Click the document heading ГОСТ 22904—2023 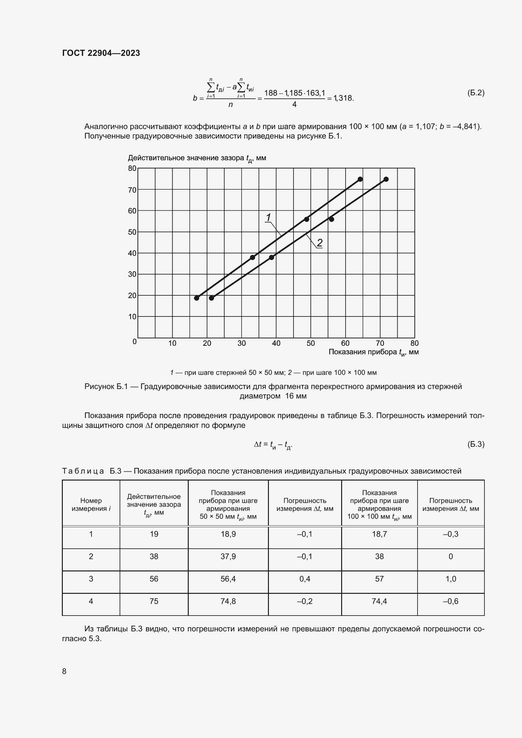[101, 53]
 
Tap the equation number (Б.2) [475, 93]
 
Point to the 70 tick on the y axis [132, 190]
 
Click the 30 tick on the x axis [241, 343]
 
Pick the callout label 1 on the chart [268, 218]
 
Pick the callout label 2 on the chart [319, 243]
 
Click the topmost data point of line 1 [360, 179]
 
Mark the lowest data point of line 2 [211, 298]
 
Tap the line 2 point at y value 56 [331, 219]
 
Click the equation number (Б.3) [475, 444]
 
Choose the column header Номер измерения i [91, 504]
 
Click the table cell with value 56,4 [228, 579]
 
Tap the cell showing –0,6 [450, 601]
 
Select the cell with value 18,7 [379, 534]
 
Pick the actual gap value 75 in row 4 [154, 601]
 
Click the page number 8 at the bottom [64, 671]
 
